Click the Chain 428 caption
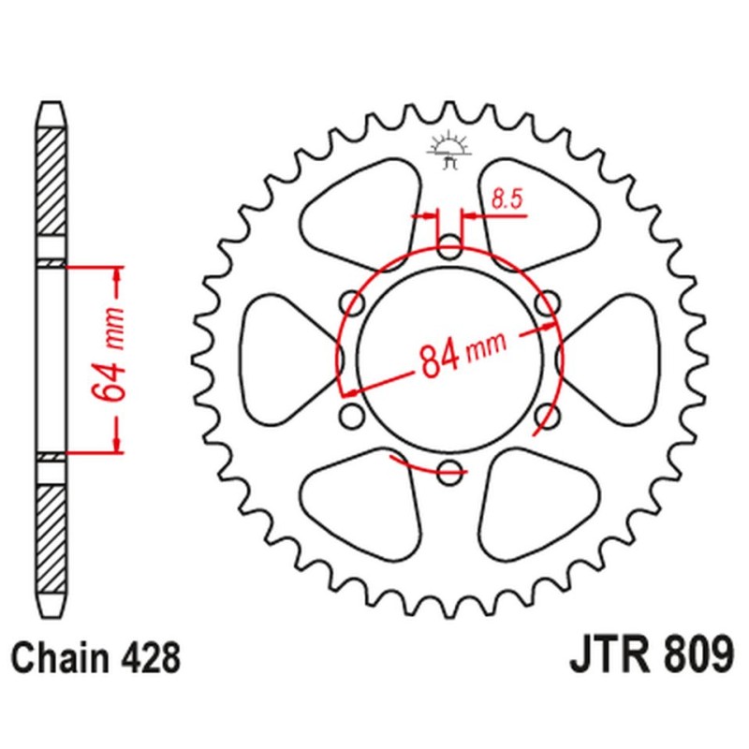click(96, 658)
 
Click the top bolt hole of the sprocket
click(451, 250)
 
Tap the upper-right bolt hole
click(548, 303)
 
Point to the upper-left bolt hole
click(353, 303)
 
